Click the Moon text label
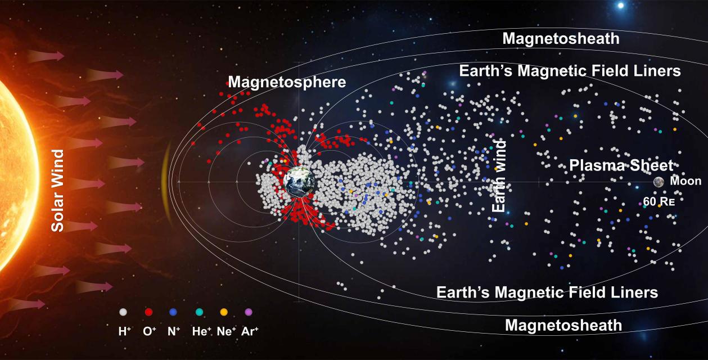coord(686,181)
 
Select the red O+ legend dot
coord(148,312)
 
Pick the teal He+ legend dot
coord(199,312)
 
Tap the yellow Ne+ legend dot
coord(223,312)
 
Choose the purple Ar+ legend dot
coord(249,312)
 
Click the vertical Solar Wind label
coord(58,190)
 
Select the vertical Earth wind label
coord(499,176)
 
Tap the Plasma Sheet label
coord(621,165)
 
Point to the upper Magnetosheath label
coord(561,38)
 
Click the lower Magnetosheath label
coord(563,325)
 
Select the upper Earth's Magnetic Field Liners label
coord(570,71)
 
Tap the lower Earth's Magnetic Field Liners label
coord(547,292)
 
